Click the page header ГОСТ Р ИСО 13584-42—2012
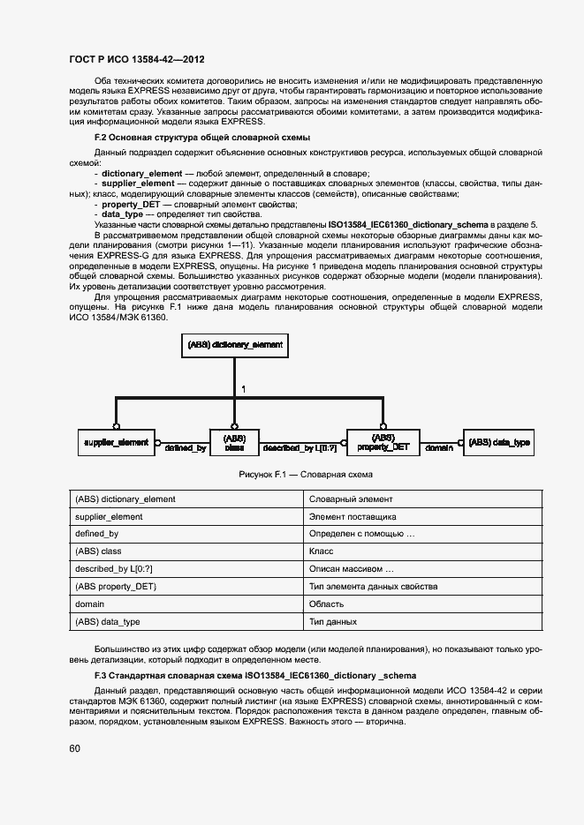point(136,60)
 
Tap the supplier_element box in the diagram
point(116,441)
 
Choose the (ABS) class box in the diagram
point(234,442)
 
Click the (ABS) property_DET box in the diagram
point(383,442)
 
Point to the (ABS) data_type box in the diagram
point(499,441)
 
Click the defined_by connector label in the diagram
point(185,448)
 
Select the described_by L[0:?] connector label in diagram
point(300,448)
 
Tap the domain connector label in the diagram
point(439,448)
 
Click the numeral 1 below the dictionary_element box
point(244,388)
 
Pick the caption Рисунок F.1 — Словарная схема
point(305,475)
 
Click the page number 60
point(74,748)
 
